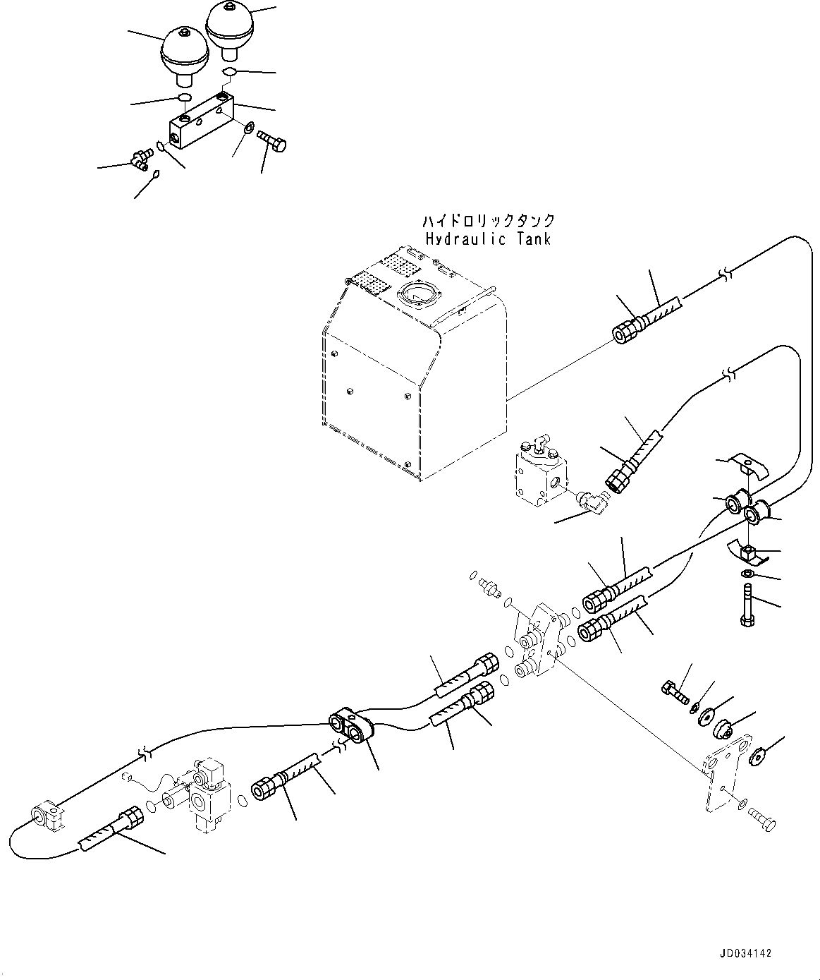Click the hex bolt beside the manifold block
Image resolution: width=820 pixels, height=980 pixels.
[x=272, y=141]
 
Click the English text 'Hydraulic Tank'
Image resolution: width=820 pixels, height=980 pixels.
[x=489, y=238]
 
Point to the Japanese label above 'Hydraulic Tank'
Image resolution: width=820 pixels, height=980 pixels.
[x=489, y=221]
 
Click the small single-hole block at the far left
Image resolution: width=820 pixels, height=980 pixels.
[x=47, y=816]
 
